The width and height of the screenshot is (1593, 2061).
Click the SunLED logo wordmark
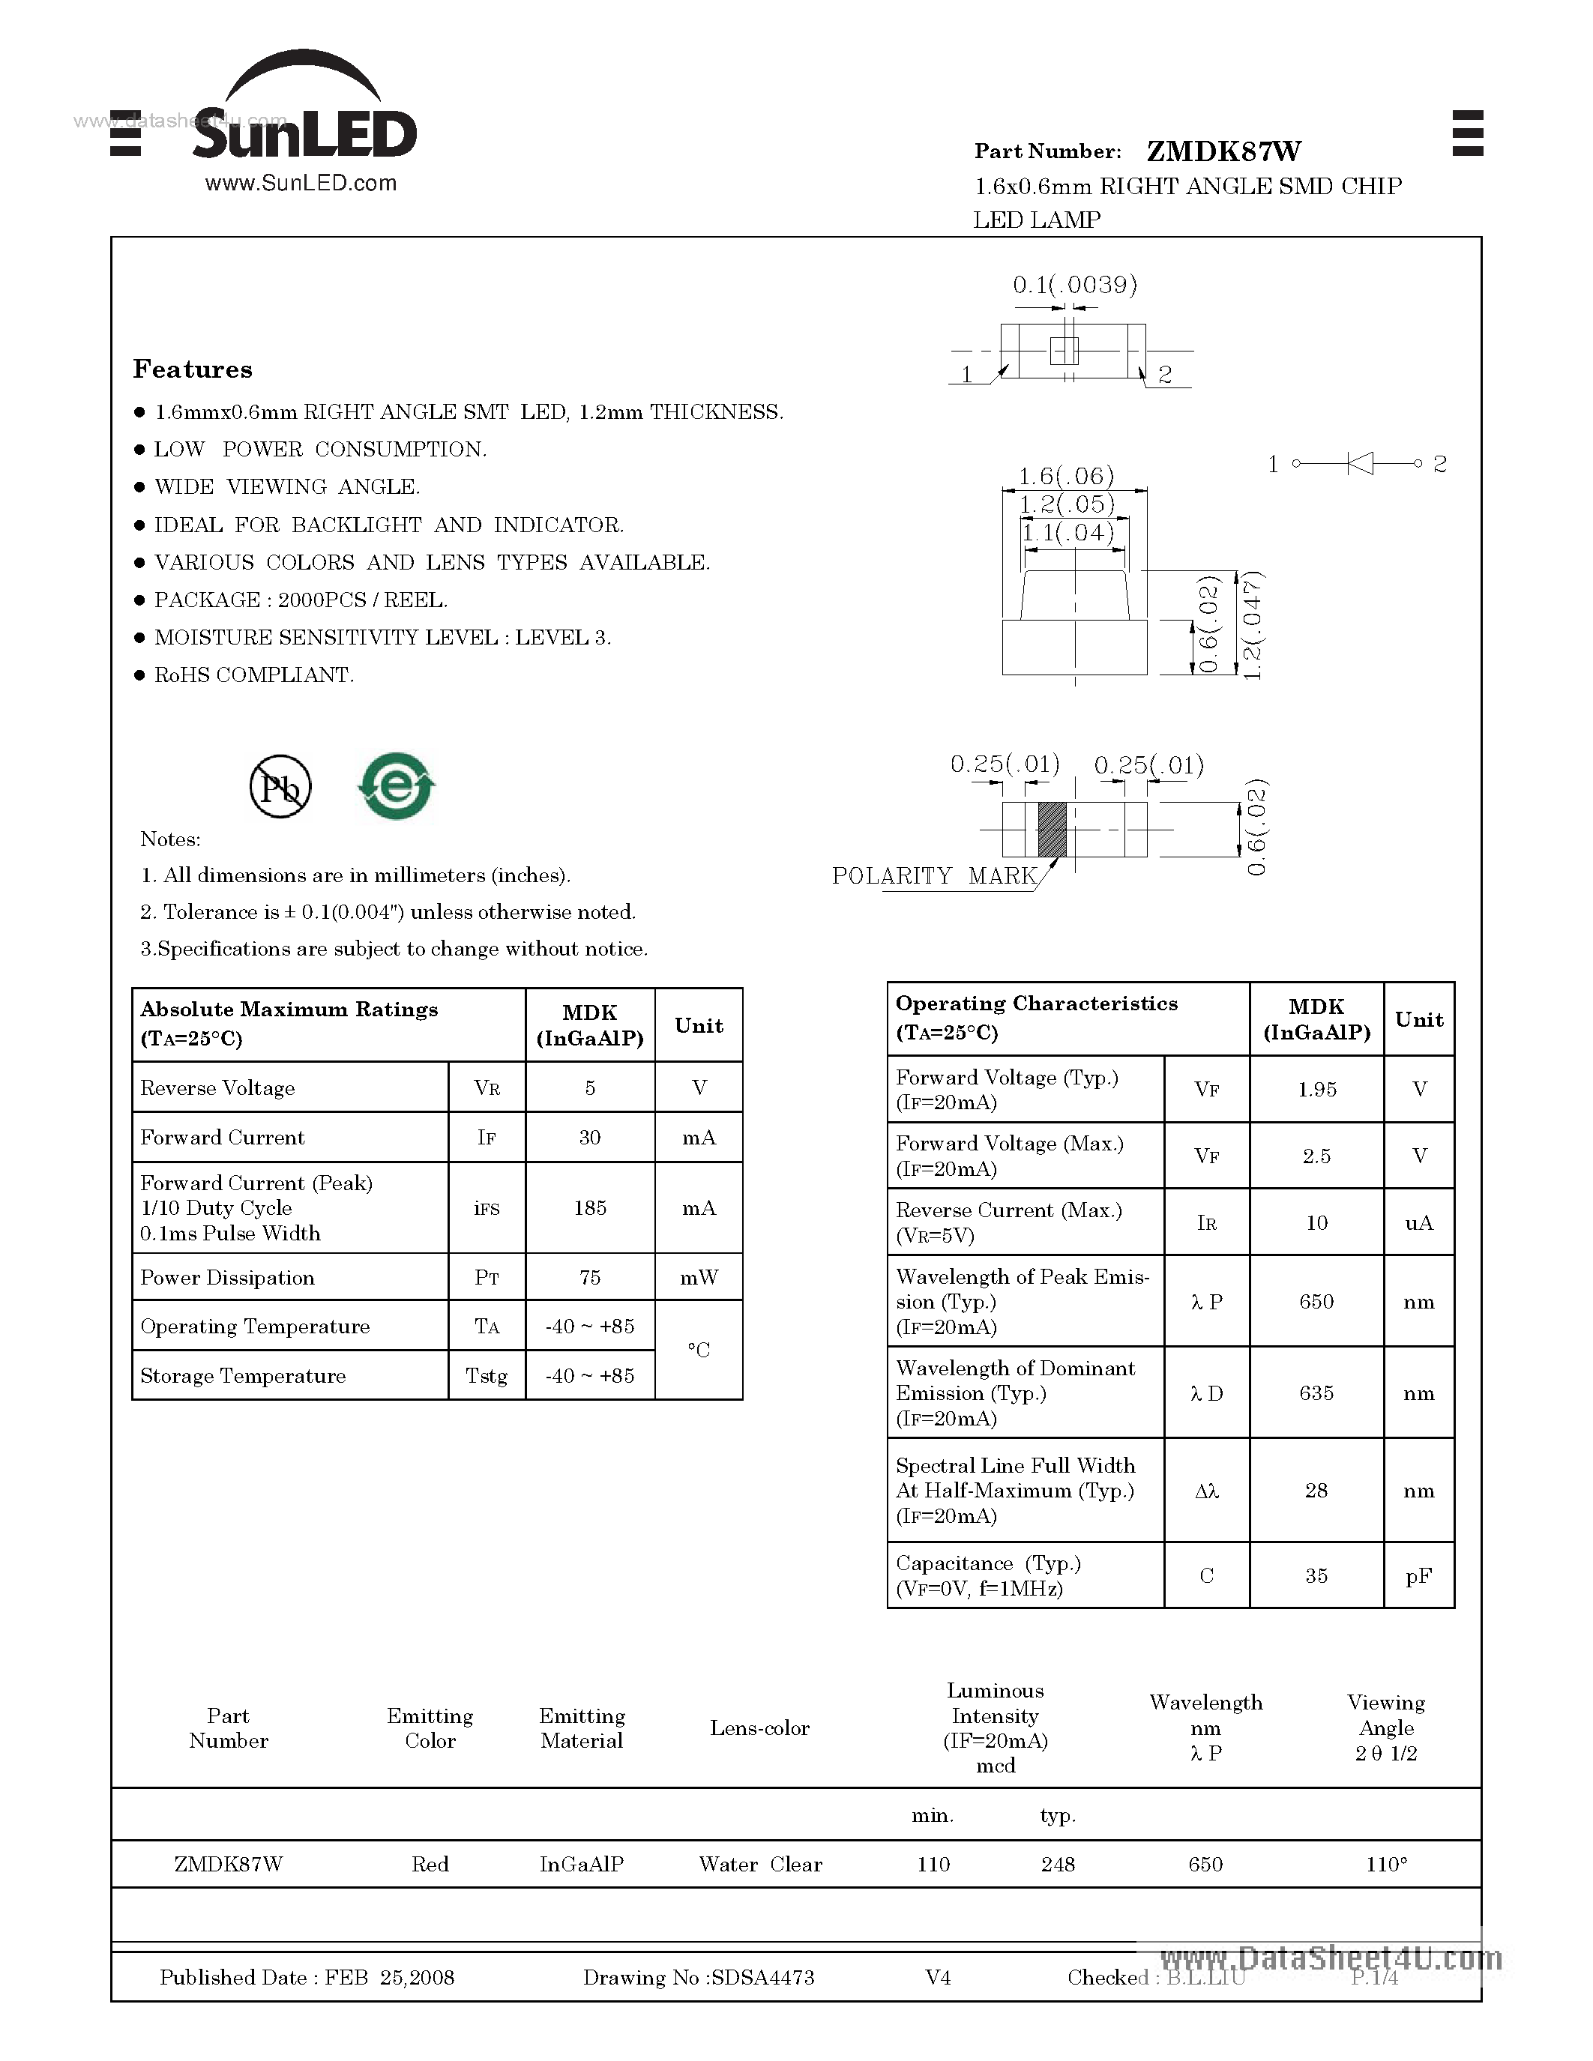[x=304, y=133]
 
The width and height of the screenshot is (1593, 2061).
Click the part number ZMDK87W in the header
[x=1223, y=151]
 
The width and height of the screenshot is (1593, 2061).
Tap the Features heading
[x=193, y=369]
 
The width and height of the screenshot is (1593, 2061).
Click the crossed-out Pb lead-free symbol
[x=280, y=787]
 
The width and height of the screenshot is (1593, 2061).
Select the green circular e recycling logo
[x=397, y=785]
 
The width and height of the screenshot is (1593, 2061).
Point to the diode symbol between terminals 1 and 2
[x=1359, y=463]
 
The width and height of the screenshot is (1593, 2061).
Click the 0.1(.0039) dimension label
[x=1074, y=285]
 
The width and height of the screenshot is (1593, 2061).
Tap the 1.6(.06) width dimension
[x=1065, y=476]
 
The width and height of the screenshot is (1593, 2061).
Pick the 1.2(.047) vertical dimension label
[x=1253, y=625]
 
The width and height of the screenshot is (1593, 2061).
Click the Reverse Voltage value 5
[x=590, y=1087]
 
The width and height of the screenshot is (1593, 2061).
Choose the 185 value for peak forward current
[x=590, y=1208]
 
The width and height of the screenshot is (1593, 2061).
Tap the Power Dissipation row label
[x=227, y=1278]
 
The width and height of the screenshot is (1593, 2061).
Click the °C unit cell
[x=699, y=1351]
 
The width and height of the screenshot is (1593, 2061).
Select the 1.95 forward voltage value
[x=1316, y=1089]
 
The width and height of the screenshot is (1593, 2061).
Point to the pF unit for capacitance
[x=1418, y=1575]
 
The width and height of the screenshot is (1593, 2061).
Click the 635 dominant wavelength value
[x=1316, y=1393]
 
